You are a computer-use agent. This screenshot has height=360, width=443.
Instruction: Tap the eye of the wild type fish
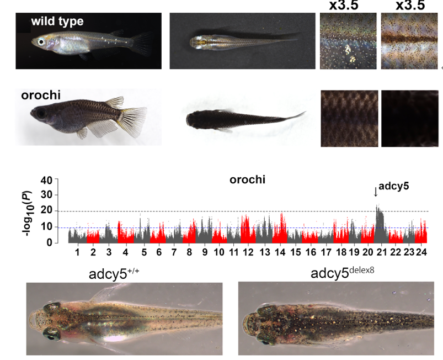click(x=41, y=42)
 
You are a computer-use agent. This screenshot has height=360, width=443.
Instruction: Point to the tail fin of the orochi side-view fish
click(x=134, y=117)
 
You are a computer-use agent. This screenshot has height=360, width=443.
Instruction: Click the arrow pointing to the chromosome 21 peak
click(x=376, y=192)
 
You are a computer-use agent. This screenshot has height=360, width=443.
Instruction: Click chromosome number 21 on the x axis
click(x=381, y=252)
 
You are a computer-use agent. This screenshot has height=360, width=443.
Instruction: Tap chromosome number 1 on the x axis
click(x=78, y=252)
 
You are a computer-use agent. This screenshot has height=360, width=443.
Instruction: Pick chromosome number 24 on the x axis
click(x=421, y=252)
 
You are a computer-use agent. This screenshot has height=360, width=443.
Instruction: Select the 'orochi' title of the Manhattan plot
click(x=247, y=179)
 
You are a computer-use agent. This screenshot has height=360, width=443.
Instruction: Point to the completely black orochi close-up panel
click(x=409, y=119)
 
